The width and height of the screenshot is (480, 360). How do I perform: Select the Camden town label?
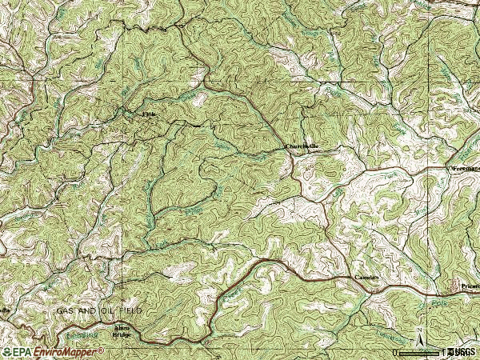[x=366, y=278]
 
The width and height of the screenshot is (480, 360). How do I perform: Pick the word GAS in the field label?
[x=65, y=309]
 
